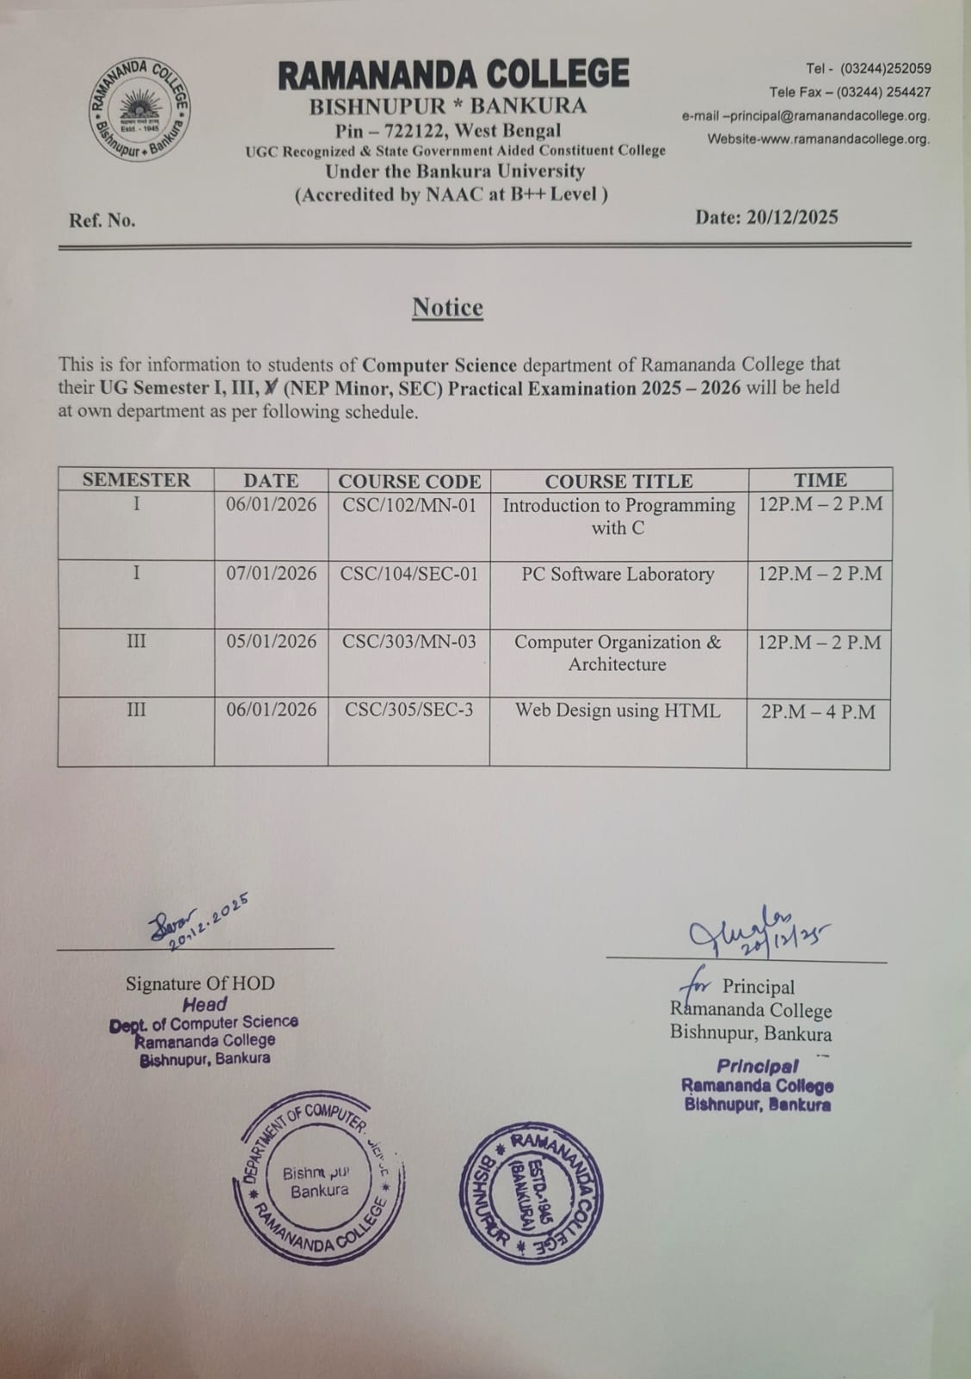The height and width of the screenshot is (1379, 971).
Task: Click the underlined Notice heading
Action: (447, 308)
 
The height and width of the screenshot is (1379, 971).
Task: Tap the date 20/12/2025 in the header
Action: (766, 217)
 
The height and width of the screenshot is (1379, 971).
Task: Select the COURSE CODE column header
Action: (409, 481)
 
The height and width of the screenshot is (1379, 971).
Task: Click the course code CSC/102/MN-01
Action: (409, 505)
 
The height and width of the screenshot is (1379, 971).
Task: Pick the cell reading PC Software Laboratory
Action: (618, 574)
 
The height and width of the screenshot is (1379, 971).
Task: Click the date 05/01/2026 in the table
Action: (271, 642)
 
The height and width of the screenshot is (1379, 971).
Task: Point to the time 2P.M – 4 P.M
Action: (818, 712)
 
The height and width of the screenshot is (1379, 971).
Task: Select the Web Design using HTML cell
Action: (618, 711)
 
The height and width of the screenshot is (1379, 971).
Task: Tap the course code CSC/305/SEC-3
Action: (409, 710)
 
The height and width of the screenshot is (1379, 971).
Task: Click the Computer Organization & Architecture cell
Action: (618, 653)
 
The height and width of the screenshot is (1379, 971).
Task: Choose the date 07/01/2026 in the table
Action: (271, 574)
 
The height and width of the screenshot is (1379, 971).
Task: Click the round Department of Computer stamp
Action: (320, 1181)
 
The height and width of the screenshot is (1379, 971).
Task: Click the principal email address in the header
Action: (806, 115)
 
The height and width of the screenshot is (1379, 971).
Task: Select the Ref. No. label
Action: (103, 221)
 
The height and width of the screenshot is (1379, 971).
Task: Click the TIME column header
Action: (819, 480)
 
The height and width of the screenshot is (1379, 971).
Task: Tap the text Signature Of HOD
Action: (200, 983)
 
